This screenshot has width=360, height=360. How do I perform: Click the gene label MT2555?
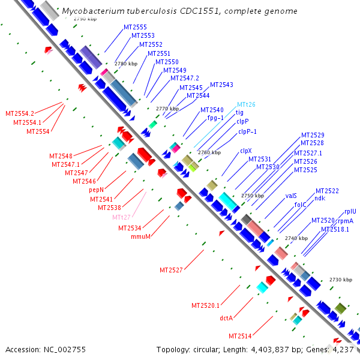point(135,28)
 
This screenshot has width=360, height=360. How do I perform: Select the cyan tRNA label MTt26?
point(246,104)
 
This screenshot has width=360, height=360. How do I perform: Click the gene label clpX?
point(245,151)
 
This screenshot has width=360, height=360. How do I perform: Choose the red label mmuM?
point(140,236)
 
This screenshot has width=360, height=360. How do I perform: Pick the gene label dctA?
point(226,317)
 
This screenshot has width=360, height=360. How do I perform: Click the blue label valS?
point(291,196)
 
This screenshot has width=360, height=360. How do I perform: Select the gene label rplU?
point(350,211)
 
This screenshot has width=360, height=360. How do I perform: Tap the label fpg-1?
point(215,118)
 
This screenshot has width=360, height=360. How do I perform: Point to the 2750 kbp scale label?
point(252,196)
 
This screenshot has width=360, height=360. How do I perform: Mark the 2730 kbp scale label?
point(340,280)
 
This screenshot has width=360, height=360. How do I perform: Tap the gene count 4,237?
point(343,349)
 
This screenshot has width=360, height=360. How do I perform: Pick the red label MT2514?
point(241,336)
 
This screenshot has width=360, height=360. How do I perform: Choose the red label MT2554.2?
point(20,113)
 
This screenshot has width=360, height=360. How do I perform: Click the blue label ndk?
point(320,199)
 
